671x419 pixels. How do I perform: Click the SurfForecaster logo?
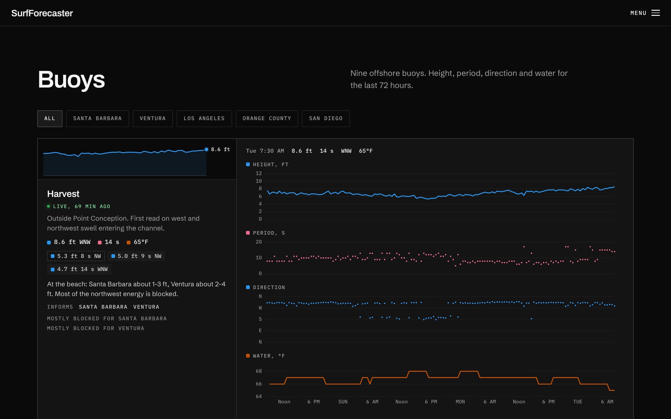click(x=42, y=13)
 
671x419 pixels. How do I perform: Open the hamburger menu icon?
click(x=655, y=13)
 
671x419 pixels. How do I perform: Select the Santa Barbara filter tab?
click(x=97, y=119)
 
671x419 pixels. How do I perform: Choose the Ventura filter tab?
click(x=152, y=119)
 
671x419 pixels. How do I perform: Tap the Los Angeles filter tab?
click(x=204, y=119)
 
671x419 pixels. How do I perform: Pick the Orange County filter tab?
click(x=267, y=119)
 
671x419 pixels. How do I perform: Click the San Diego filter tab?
click(x=326, y=119)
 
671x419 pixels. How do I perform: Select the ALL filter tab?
click(x=50, y=119)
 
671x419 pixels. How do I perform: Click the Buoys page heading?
click(x=71, y=80)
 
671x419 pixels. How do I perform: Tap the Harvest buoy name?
click(x=63, y=194)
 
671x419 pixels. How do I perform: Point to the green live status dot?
click(x=48, y=206)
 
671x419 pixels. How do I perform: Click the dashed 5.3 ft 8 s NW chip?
click(x=76, y=256)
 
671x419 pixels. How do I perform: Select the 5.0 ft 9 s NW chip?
click(x=136, y=256)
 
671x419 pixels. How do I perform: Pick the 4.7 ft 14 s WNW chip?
click(x=79, y=269)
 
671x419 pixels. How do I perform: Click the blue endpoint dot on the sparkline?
click(x=206, y=149)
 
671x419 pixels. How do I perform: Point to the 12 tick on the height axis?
click(x=259, y=173)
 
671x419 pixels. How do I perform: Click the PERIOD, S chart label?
click(x=269, y=233)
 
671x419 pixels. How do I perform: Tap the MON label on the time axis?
click(x=460, y=402)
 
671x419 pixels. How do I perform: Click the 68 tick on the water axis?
click(x=259, y=371)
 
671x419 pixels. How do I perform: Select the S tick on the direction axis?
click(x=260, y=319)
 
